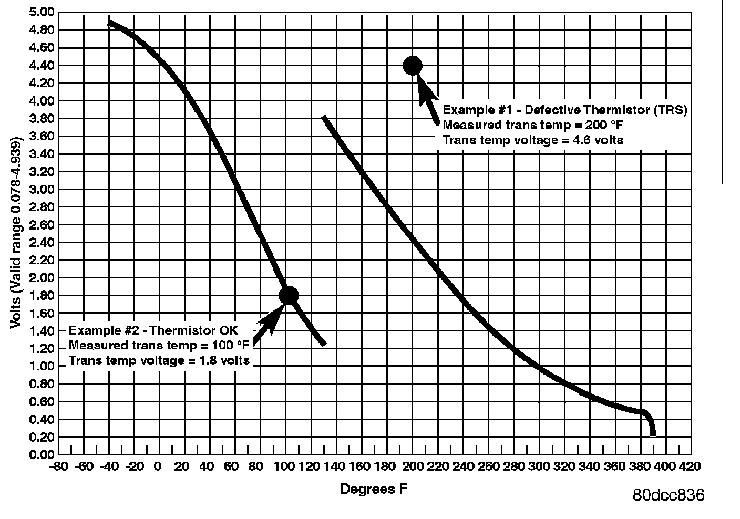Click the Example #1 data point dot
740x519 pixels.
[413, 66]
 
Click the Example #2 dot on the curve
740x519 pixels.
[289, 295]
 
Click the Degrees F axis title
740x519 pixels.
[374, 490]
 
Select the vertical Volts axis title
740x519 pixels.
[16, 234]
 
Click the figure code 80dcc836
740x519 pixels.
[669, 495]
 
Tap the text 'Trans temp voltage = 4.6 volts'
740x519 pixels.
[533, 140]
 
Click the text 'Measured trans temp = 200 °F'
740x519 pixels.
[533, 126]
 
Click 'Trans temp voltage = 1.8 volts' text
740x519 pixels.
[159, 360]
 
